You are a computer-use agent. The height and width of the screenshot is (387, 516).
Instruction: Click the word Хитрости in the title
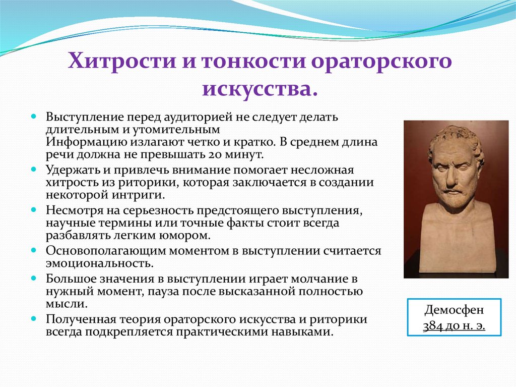(x=122, y=61)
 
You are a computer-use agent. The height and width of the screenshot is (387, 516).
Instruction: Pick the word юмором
(x=185, y=236)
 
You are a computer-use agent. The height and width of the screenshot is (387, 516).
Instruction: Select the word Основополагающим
(x=105, y=251)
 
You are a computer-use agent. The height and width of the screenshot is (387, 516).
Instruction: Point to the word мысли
(x=67, y=304)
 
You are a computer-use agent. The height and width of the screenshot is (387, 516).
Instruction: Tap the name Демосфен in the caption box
(x=454, y=310)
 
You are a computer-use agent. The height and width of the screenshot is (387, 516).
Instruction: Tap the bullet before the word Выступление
(x=33, y=117)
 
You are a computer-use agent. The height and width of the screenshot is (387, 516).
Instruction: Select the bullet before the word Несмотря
(x=33, y=210)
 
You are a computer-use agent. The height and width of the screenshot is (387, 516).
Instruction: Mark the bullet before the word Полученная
(x=33, y=319)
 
